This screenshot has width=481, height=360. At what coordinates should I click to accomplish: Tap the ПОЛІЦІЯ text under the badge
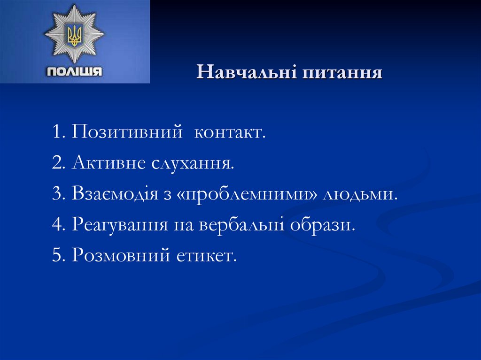pos(74,72)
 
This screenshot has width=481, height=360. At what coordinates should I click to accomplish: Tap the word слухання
pos(193,164)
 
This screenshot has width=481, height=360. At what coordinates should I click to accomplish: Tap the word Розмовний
pos(120,256)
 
